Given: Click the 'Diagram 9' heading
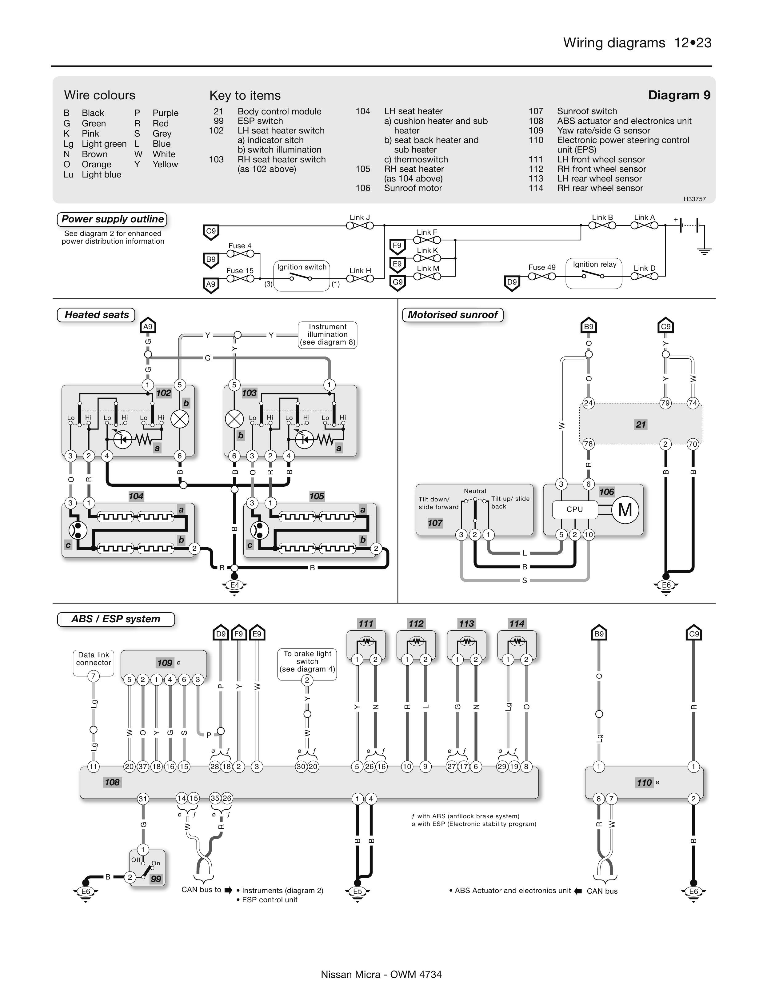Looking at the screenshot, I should (679, 95).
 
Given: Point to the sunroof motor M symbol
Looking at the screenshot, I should (625, 510).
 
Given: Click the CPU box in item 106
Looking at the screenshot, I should (575, 509).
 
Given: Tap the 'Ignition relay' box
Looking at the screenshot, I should (594, 272).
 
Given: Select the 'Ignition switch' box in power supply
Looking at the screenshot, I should (302, 275).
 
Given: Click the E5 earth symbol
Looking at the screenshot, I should (357, 891).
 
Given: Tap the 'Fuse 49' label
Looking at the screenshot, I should (542, 267).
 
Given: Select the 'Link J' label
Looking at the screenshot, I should (359, 217).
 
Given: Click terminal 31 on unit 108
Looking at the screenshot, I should (143, 799).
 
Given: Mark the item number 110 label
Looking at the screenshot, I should (644, 783).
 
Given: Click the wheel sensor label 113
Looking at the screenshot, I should (466, 624).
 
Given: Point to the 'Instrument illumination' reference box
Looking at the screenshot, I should (328, 335).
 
